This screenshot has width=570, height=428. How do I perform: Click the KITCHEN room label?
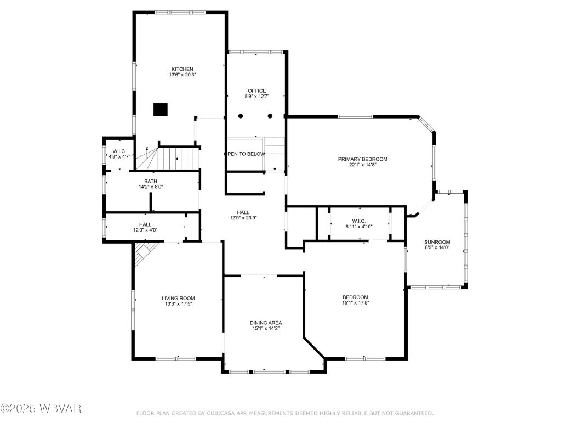[182, 69]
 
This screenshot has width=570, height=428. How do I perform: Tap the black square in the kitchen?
[160, 110]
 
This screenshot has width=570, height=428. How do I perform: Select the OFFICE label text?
[256, 91]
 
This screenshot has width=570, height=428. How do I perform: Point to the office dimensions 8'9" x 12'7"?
[256, 97]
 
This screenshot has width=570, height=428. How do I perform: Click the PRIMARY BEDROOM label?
[362, 159]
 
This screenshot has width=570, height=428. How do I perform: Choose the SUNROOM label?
[437, 242]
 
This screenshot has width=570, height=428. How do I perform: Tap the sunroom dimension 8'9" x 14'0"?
[437, 248]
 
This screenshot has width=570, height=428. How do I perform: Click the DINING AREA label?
[266, 323]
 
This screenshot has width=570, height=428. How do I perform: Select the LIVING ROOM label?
[178, 298]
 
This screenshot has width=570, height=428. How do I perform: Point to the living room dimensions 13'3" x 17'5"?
[178, 303]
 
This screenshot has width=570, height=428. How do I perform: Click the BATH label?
[151, 181]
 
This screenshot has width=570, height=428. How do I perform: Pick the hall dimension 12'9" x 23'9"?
[243, 218]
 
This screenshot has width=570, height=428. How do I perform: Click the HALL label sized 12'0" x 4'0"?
[145, 224]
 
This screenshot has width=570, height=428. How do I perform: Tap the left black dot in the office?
[241, 116]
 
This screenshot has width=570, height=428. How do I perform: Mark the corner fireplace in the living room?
[144, 254]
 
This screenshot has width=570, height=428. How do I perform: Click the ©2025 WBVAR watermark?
[41, 409]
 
